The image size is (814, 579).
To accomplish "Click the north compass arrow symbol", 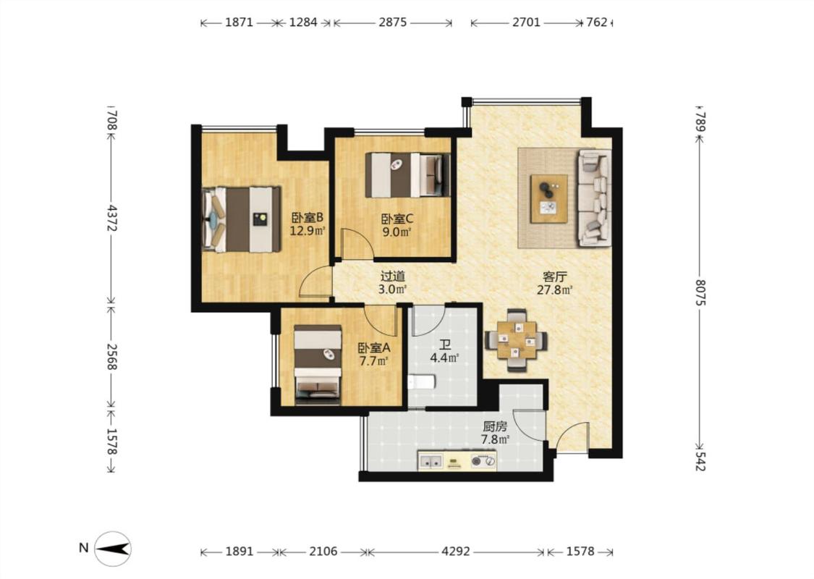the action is (113, 549).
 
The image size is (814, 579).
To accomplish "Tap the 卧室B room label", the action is (308, 217).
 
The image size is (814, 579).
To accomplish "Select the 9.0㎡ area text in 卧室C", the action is (397, 232).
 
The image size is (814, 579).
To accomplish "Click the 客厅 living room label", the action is (554, 276).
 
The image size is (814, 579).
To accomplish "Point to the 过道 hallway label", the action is (392, 276).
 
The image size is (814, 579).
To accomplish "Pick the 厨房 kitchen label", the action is (495, 427).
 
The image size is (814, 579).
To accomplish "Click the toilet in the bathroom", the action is (421, 383).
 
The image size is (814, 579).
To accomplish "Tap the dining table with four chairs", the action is (516, 340).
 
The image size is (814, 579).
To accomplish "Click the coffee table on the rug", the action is (548, 199).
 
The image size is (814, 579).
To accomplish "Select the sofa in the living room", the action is (595, 198).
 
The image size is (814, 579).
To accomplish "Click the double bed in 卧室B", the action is (242, 219).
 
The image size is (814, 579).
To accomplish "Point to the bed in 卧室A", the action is (318, 365).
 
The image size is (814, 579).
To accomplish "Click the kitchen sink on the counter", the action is (431, 461).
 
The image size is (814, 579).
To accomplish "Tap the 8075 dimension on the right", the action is (700, 292).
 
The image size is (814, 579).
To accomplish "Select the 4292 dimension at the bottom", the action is (456, 551).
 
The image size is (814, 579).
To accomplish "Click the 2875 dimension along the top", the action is (392, 22).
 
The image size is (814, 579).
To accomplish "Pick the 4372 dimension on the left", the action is (111, 218).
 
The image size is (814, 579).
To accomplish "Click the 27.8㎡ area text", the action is (554, 289).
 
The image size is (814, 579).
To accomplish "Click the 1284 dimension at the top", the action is (303, 22).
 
